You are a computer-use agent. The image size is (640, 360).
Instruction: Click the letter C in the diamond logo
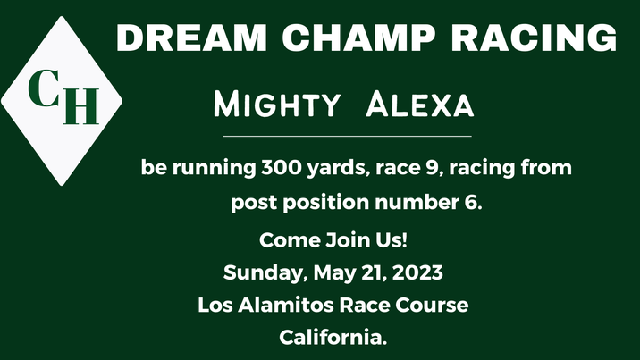tap(43, 88)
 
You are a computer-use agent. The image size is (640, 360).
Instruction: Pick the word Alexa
tap(420, 106)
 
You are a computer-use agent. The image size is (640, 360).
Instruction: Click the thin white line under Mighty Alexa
tap(347, 137)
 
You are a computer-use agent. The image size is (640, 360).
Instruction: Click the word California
tap(333, 338)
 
